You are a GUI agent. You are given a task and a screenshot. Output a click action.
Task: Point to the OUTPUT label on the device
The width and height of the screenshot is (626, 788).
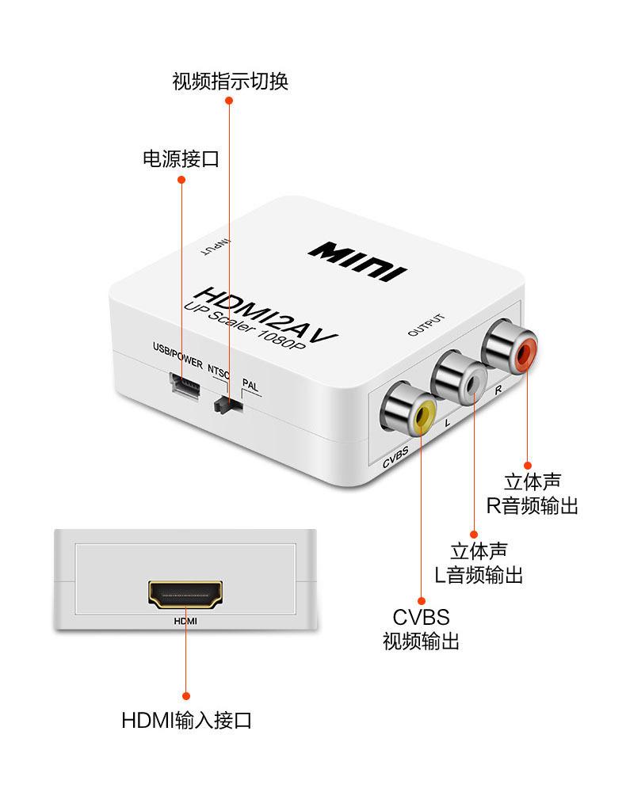click(426, 325)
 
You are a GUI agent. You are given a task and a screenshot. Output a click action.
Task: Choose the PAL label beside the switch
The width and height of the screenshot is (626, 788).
click(250, 386)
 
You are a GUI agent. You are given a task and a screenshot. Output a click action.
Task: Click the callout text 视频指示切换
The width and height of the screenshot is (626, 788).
click(230, 82)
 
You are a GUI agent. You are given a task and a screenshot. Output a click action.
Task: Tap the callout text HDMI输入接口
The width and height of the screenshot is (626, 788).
click(187, 721)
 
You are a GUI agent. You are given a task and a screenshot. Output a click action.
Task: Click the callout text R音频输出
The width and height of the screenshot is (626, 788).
click(532, 505)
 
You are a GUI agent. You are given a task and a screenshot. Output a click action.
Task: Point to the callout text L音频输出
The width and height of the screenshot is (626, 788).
click(478, 575)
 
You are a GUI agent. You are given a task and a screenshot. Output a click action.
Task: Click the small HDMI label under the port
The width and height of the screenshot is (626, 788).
click(185, 622)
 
